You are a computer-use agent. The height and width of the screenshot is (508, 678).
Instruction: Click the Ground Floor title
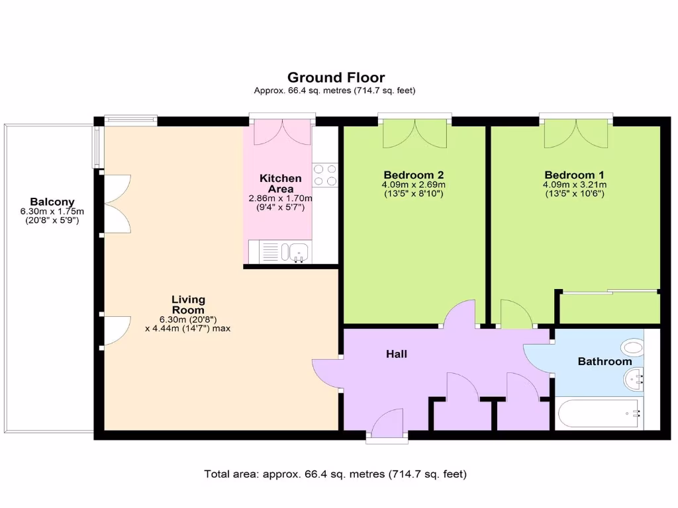tap(336, 78)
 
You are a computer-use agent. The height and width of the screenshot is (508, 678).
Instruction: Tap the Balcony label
tap(52, 202)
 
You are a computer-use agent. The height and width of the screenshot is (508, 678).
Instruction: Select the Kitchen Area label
tap(280, 183)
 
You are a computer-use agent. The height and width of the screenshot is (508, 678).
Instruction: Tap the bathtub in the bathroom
tap(599, 413)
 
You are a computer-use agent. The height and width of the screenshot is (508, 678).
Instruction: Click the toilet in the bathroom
tap(633, 347)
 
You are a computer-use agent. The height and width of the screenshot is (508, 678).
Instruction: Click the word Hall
tap(396, 354)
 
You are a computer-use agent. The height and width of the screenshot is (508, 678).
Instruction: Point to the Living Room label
tap(188, 304)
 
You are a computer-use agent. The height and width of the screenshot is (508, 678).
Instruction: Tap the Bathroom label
tap(605, 361)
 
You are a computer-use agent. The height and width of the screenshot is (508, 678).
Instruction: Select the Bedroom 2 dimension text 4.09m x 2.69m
tap(413, 185)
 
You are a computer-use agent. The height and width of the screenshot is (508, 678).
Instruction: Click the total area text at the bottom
tap(336, 474)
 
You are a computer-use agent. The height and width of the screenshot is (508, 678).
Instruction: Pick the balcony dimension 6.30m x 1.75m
tap(52, 212)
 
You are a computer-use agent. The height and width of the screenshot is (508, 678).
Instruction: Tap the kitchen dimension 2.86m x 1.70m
tap(280, 198)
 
